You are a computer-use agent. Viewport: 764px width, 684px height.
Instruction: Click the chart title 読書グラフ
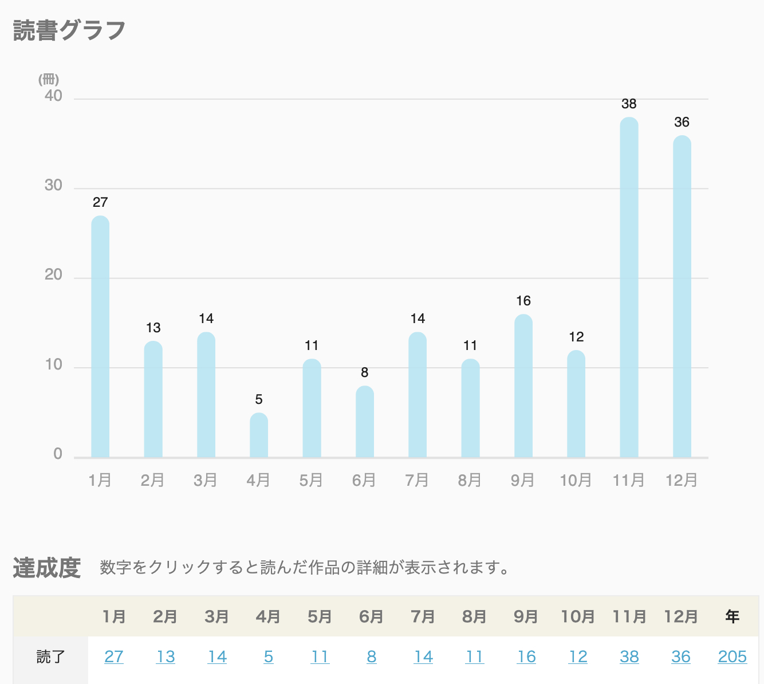(69, 30)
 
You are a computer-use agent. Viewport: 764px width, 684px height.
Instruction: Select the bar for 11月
(629, 286)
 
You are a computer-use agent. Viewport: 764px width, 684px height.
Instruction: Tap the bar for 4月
(259, 435)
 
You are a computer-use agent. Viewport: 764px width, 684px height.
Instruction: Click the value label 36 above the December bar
(682, 122)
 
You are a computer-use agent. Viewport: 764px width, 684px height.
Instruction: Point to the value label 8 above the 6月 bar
(365, 372)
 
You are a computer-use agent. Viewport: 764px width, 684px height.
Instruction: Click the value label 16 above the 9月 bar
(523, 301)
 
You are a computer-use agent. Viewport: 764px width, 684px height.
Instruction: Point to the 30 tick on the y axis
(53, 186)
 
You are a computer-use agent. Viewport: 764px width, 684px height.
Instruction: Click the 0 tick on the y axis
(57, 454)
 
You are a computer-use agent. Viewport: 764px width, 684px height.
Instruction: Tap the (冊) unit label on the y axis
(49, 80)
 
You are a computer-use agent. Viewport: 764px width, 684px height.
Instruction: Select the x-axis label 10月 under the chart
(576, 480)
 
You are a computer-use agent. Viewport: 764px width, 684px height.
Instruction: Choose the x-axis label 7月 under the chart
(417, 480)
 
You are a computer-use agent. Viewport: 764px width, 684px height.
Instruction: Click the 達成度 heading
(47, 568)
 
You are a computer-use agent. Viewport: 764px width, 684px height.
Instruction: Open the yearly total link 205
(733, 657)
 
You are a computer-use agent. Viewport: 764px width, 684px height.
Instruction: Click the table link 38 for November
(629, 657)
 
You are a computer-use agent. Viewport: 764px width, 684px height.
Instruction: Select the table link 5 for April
(269, 657)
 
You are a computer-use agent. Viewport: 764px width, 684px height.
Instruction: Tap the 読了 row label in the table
(50, 657)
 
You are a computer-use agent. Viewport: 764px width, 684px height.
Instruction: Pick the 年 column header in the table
(732, 616)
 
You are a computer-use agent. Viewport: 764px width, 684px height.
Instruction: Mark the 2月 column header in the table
(166, 616)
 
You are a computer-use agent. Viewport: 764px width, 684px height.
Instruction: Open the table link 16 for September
(526, 657)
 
